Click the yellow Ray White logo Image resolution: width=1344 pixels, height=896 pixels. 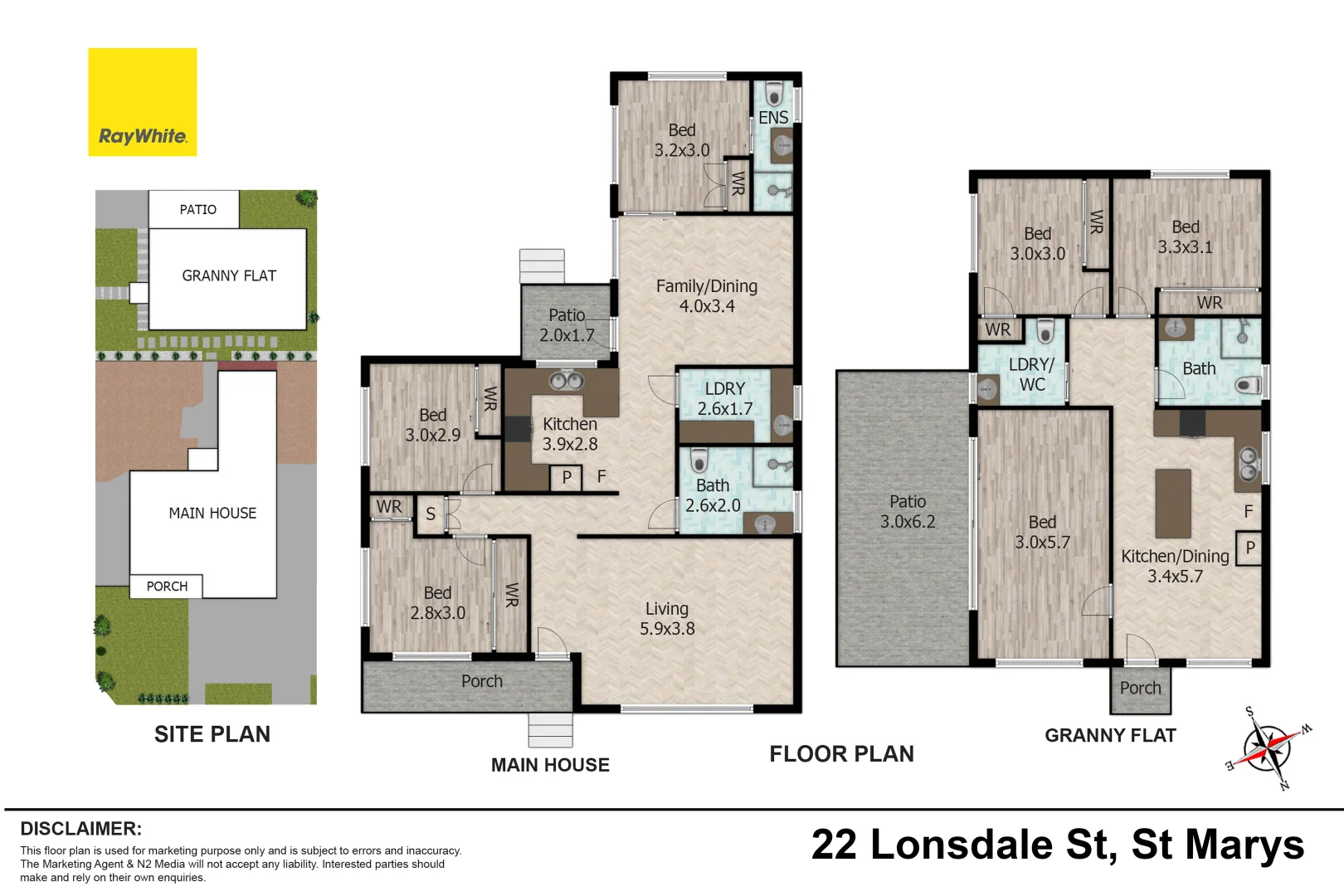pyautogui.click(x=142, y=102)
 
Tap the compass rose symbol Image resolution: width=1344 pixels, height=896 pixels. pyautogui.click(x=1268, y=748)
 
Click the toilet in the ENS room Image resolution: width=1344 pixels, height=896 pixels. pyautogui.click(x=775, y=94)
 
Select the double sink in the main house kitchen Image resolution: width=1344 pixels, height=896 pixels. pyautogui.click(x=567, y=381)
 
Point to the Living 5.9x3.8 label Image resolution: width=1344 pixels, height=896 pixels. pyautogui.click(x=666, y=619)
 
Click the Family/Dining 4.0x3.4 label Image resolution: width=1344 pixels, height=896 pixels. pyautogui.click(x=707, y=296)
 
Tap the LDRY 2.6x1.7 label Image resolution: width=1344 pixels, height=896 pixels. pyautogui.click(x=725, y=398)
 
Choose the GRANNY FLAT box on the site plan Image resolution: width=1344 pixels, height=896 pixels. pyautogui.click(x=228, y=279)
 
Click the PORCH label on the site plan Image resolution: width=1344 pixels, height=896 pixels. pyautogui.click(x=167, y=587)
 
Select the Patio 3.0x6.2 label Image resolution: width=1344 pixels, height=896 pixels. pyautogui.click(x=908, y=511)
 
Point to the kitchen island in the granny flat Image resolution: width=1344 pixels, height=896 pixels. pyautogui.click(x=1173, y=504)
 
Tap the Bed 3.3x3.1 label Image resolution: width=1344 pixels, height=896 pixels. pyautogui.click(x=1185, y=237)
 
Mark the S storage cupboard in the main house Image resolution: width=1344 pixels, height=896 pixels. pyautogui.click(x=431, y=514)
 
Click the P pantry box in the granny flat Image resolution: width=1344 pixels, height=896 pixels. pyautogui.click(x=1249, y=548)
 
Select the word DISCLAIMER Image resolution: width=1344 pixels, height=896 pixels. pyautogui.click(x=81, y=829)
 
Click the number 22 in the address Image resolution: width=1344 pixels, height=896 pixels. pyautogui.click(x=834, y=845)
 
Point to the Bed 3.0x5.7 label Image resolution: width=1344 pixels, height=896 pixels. pyautogui.click(x=1042, y=533)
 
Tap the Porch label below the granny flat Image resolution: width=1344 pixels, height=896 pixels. pyautogui.click(x=1140, y=689)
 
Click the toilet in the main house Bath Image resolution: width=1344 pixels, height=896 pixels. pyautogui.click(x=699, y=460)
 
